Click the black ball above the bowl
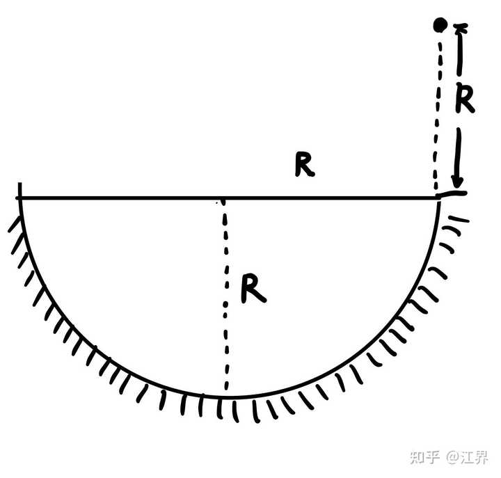(439, 26)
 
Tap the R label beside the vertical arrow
(464, 99)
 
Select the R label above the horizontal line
(303, 164)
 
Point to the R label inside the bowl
(253, 289)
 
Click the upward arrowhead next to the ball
(460, 30)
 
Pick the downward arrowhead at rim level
(457, 184)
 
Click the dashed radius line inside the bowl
(225, 299)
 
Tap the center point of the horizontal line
(223, 199)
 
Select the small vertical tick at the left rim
(20, 190)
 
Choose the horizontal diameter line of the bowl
(139, 198)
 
